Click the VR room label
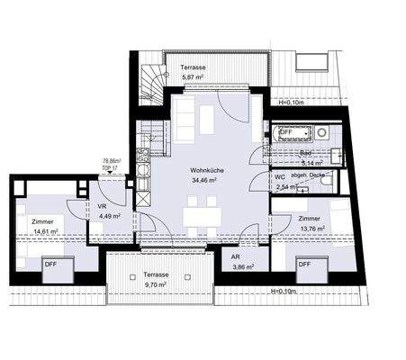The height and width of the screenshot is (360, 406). pos(102,204)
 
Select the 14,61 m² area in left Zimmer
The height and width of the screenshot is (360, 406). pos(46,231)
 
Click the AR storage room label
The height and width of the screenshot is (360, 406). pos(238,256)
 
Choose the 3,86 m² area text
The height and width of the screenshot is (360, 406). pos(243,267)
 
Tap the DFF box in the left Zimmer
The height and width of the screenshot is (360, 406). pos(51,264)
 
